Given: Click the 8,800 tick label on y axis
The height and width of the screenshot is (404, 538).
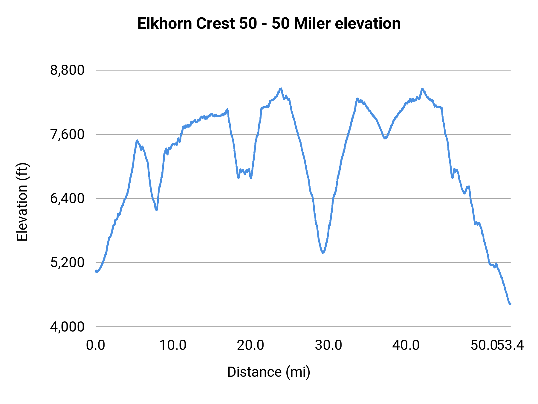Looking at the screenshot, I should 68,70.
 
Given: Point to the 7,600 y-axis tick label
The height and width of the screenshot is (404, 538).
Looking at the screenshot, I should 68,134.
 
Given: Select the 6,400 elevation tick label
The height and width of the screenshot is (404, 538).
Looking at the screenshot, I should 68,198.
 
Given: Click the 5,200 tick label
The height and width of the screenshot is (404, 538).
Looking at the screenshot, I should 68,263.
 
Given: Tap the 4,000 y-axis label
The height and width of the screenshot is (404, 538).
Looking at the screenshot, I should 68,327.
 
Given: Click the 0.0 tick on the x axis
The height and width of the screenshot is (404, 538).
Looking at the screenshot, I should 96,345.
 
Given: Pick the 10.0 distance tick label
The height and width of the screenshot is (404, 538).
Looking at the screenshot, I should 173,345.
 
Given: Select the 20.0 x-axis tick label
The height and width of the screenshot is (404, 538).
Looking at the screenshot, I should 250,345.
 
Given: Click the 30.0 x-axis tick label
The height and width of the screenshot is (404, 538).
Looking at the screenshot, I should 328,345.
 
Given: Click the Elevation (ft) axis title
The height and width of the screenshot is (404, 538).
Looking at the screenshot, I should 22,202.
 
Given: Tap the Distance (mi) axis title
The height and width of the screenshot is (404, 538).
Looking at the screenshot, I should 269,372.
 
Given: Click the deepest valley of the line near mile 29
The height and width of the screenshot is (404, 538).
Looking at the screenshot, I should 323,253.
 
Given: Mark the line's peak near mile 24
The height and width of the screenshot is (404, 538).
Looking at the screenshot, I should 281,89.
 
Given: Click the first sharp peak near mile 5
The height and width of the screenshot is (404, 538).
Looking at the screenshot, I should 137,140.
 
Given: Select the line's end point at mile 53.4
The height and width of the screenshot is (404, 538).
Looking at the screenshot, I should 510,304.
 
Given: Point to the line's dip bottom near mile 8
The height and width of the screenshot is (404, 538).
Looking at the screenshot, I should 156,210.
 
